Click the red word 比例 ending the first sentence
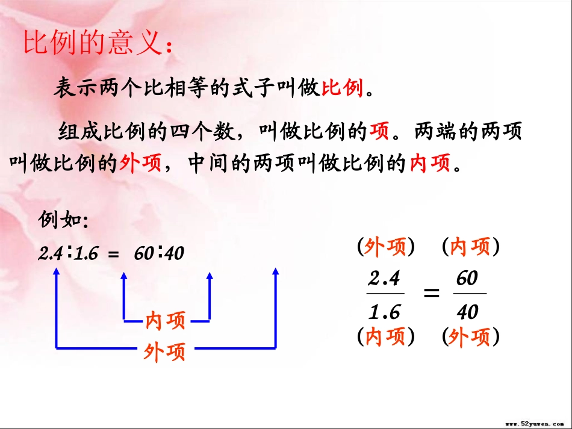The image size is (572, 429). coord(343,88)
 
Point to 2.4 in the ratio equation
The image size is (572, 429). coord(51,254)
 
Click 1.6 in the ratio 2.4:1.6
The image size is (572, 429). coord(87,254)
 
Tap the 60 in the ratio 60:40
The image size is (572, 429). coord(144,254)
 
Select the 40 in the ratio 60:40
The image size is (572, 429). coord(174,254)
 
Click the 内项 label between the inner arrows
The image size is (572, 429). coord(166,321)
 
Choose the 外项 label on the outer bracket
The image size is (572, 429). coord(165,351)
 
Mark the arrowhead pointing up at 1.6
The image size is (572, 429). coord(124,276)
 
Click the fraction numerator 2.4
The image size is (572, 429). coord(384,279)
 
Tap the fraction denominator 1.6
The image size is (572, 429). coord(384,312)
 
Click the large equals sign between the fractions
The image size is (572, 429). coord(430,294)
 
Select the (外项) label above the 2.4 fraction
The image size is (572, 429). coord(385,247)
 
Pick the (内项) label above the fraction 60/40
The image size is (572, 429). coord(470,247)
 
